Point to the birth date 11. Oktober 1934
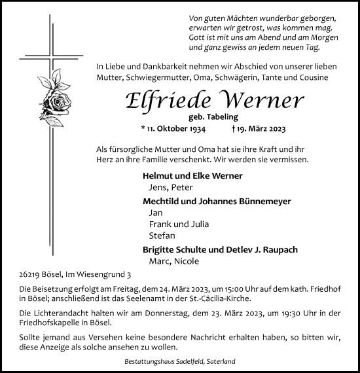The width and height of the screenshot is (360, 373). click(x=176, y=130)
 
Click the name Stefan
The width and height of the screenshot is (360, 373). click(x=162, y=236)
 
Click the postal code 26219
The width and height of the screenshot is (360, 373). click(x=31, y=276)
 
